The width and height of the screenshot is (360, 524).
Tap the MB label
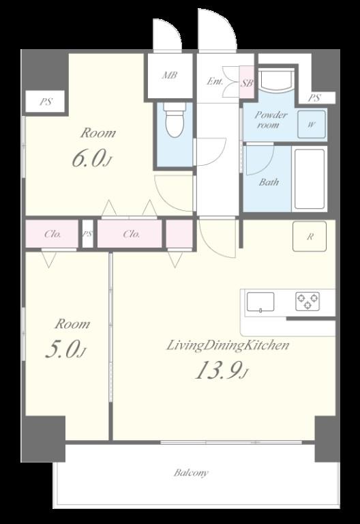(169, 76)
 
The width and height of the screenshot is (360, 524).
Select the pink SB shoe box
(247, 82)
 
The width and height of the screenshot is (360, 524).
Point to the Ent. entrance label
(215, 81)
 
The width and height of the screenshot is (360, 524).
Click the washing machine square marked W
(311, 124)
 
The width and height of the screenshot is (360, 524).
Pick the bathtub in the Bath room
(310, 179)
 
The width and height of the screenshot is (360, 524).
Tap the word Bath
(269, 182)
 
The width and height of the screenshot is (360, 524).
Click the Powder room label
(271, 119)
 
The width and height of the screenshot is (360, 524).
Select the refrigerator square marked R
(310, 236)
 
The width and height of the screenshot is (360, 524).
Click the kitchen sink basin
(260, 302)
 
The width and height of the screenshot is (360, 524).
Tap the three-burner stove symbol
(307, 300)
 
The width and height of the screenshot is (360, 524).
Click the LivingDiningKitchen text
(228, 345)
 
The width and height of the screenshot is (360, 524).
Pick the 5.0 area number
(65, 349)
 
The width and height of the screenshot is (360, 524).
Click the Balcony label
(191, 473)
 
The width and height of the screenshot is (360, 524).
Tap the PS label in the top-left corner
(46, 102)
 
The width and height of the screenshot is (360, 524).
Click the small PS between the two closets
(87, 234)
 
